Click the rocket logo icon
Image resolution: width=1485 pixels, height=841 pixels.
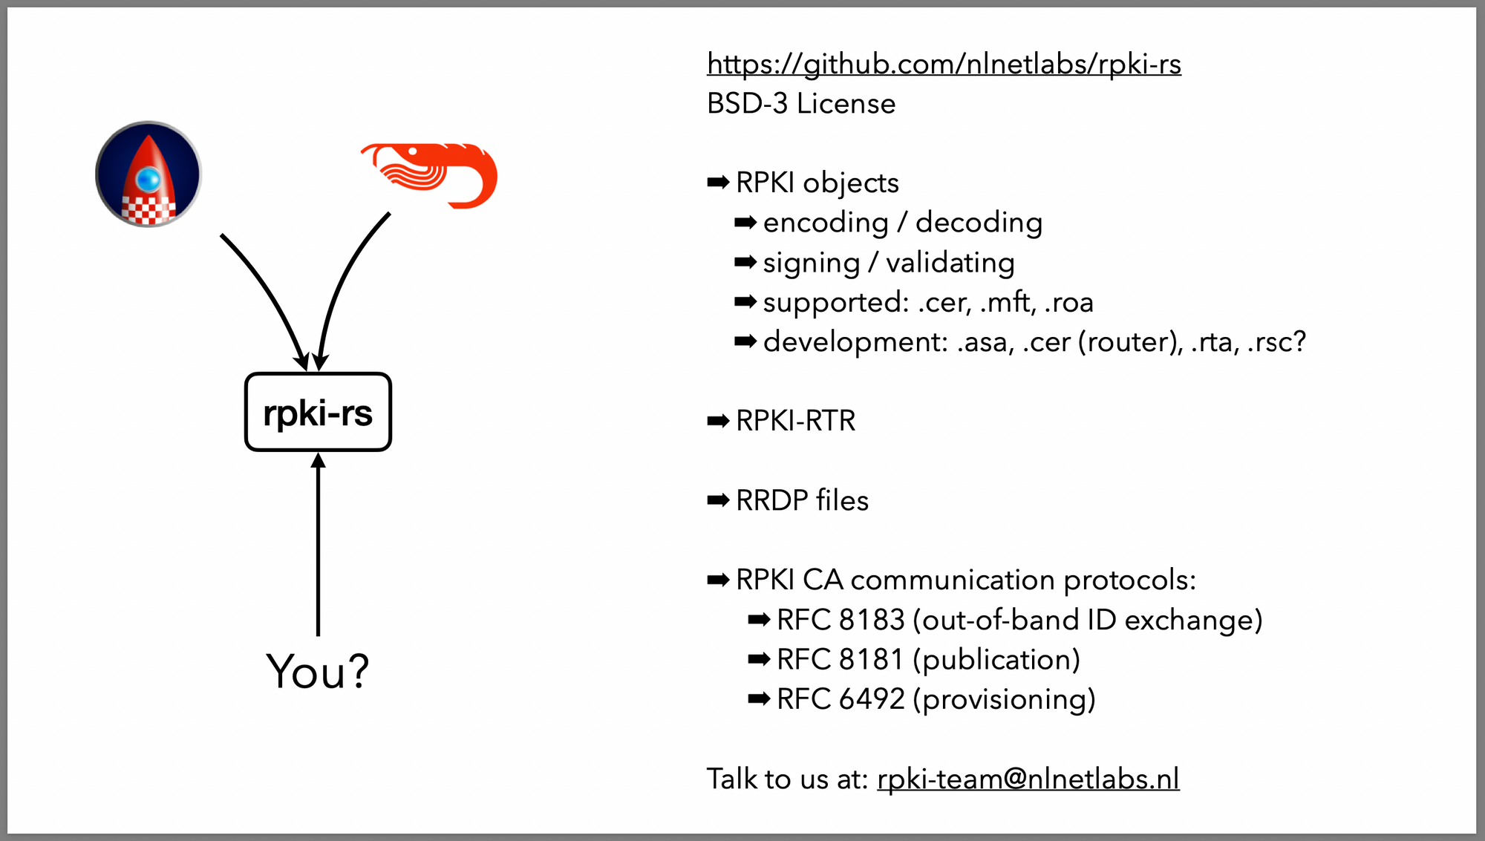pyautogui.click(x=148, y=174)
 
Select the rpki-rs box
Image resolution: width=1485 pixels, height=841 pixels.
pyautogui.click(x=318, y=412)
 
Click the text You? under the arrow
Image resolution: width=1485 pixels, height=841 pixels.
pyautogui.click(x=318, y=672)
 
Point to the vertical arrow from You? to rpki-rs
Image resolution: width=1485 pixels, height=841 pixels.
pyautogui.click(x=318, y=549)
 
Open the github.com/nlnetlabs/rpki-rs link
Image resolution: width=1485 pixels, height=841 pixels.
pyautogui.click(x=943, y=65)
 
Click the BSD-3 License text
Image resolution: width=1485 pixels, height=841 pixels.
pyautogui.click(x=800, y=104)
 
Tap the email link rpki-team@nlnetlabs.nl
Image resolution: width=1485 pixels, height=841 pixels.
pyautogui.click(x=1028, y=779)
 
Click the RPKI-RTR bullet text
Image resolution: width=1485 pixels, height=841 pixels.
pyautogui.click(x=795, y=421)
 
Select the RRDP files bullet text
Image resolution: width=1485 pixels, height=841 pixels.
pyautogui.click(x=802, y=500)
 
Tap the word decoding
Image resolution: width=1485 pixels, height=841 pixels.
pyautogui.click(x=978, y=223)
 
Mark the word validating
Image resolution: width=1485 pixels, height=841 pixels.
pyautogui.click(x=950, y=263)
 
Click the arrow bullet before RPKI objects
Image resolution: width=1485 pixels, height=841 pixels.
pyautogui.click(x=718, y=183)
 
